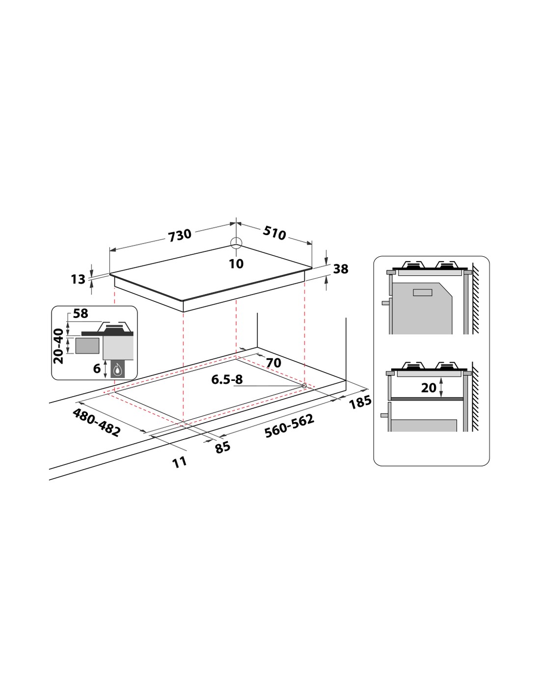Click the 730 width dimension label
pyautogui.click(x=180, y=235)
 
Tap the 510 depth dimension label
pyautogui.click(x=274, y=233)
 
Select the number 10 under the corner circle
pyautogui.click(x=236, y=264)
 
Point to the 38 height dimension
pyautogui.click(x=341, y=269)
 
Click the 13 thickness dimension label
pyautogui.click(x=78, y=279)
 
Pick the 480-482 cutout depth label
pyautogui.click(x=96, y=423)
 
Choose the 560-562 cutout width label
pyautogui.click(x=289, y=426)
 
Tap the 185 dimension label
pyautogui.click(x=360, y=402)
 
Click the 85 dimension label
pyautogui.click(x=222, y=447)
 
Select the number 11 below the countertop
pyautogui.click(x=180, y=462)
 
